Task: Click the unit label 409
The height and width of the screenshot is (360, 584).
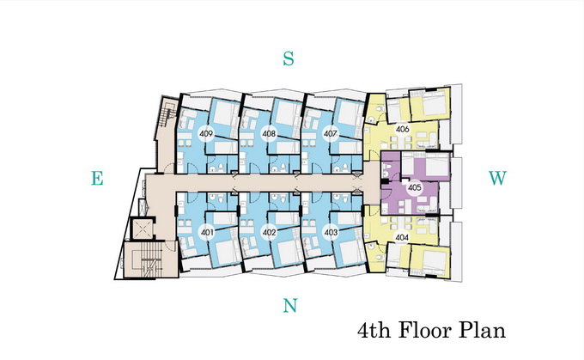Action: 206,133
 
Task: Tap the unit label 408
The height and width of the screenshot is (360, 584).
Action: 269,133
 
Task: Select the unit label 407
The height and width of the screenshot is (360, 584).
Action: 331,133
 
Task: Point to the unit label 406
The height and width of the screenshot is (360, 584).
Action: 402,130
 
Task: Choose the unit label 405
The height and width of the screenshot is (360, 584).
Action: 414,187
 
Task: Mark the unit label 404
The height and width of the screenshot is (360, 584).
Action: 402,237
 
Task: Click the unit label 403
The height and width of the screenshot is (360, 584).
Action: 331,233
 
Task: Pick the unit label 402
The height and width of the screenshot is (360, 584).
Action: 269,233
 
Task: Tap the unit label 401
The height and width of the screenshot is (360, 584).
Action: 207,233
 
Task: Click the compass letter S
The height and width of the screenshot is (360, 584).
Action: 289,58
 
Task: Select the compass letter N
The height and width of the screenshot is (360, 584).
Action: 290,306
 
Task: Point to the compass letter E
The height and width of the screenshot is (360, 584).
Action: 97,178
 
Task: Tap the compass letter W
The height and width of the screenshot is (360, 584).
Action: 497,178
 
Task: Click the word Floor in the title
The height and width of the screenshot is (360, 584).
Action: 424,330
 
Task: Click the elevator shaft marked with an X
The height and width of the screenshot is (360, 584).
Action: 141,229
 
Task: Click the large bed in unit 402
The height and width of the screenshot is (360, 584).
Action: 286,253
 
